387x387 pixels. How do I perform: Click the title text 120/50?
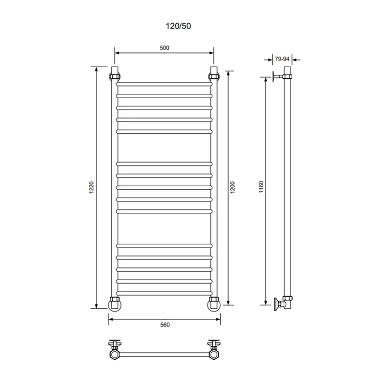click(178, 26)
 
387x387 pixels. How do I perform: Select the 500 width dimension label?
click(164, 48)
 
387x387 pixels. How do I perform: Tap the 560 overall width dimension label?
click(165, 325)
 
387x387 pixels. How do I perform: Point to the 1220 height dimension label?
click(91, 187)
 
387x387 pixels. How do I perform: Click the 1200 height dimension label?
click(232, 187)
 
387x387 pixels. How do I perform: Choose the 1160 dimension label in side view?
click(261, 187)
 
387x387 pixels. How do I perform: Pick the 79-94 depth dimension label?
click(282, 59)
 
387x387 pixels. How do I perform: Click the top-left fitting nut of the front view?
click(115, 76)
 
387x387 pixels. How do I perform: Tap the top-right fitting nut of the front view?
click(214, 76)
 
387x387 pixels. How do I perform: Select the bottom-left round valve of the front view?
click(115, 305)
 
